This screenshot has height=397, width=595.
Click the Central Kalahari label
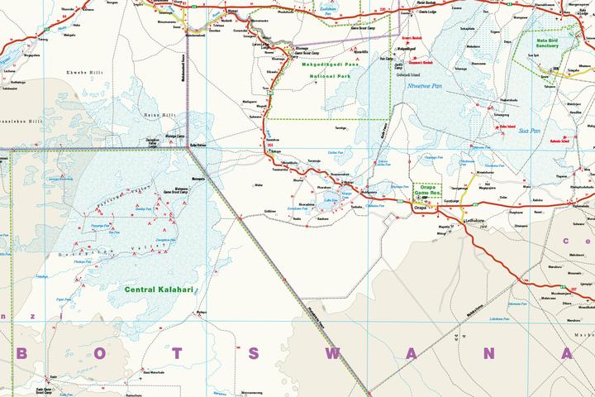point(159,290)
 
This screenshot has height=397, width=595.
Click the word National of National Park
point(302,75)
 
